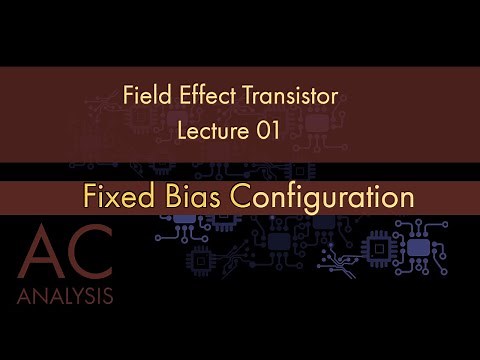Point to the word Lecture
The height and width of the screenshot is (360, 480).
click(x=213, y=130)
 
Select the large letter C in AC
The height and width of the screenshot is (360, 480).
click(x=92, y=248)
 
